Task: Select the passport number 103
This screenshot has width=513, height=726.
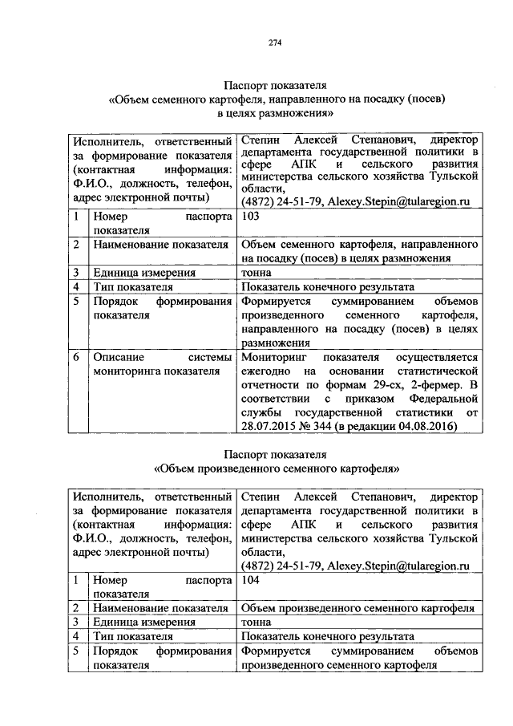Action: tap(250, 217)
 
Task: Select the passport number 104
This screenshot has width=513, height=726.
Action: tap(250, 578)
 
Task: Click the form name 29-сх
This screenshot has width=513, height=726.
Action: tap(379, 383)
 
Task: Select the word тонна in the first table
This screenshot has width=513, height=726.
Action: tap(256, 272)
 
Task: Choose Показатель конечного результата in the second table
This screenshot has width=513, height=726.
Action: tap(327, 636)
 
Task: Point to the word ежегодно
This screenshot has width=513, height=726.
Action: tap(269, 370)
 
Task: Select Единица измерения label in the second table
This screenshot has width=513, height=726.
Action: tap(144, 622)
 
